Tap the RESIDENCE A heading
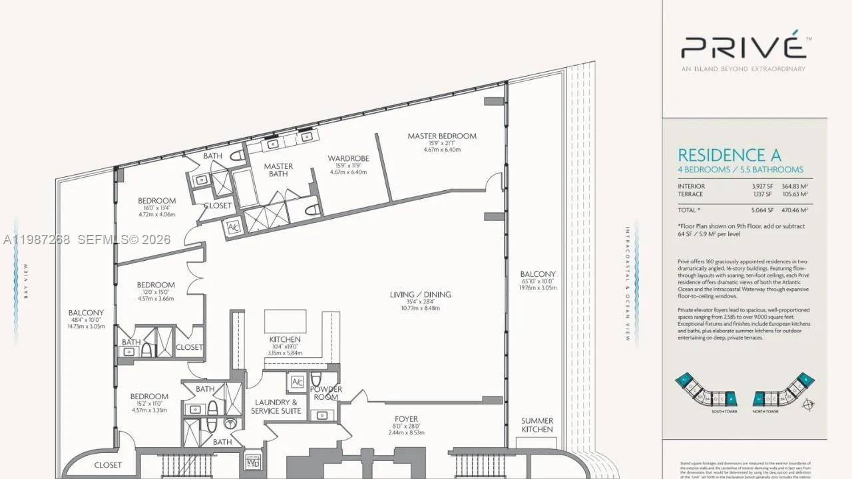[x=729, y=155]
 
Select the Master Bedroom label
[x=442, y=136]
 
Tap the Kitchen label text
[x=285, y=339]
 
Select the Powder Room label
[x=326, y=393]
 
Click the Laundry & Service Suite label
[x=276, y=406]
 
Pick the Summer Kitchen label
[x=536, y=424]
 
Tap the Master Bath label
[x=278, y=170]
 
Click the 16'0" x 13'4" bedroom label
[x=156, y=201]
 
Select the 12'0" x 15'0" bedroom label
[x=156, y=285]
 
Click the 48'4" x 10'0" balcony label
[x=86, y=313]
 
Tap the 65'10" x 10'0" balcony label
[x=537, y=274]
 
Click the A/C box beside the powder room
[x=297, y=381]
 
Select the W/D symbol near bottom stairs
[x=253, y=460]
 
